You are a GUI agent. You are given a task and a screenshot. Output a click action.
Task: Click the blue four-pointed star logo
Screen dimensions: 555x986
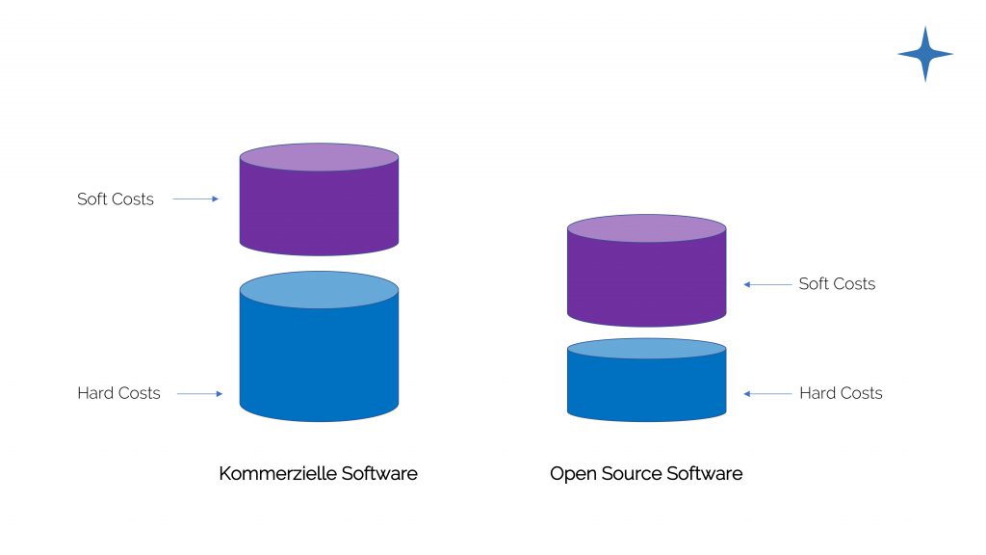(x=925, y=54)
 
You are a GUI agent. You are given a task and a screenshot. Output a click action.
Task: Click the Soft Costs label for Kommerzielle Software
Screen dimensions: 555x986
(x=116, y=199)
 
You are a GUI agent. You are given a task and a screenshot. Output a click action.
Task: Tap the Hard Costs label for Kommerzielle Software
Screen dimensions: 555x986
(x=118, y=393)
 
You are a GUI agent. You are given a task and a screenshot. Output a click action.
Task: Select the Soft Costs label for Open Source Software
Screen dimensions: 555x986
(x=837, y=284)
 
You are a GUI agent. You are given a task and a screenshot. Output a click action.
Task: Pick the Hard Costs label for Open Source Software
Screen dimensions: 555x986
(x=841, y=393)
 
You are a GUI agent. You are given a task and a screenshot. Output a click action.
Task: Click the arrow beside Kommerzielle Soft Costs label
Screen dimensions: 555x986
(x=196, y=199)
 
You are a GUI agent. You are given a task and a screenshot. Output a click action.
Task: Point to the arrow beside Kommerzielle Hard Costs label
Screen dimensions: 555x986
(x=200, y=393)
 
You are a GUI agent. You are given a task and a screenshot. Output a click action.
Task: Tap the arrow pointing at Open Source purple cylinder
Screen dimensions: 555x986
(x=765, y=284)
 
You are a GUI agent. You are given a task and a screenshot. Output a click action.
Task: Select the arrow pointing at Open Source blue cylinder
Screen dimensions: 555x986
(x=765, y=393)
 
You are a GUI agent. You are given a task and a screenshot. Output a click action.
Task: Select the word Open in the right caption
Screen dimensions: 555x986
(x=570, y=474)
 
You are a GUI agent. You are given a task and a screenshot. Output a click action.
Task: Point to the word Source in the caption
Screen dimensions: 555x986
(x=625, y=474)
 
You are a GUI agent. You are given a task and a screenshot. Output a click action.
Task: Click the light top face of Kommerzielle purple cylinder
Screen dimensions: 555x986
(x=319, y=157)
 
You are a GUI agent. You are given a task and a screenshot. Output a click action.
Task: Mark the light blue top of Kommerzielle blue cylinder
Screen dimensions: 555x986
(x=319, y=289)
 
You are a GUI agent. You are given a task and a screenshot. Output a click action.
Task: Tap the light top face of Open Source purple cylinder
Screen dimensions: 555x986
(x=646, y=228)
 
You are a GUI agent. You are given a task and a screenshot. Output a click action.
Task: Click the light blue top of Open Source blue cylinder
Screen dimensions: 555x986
(x=646, y=349)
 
